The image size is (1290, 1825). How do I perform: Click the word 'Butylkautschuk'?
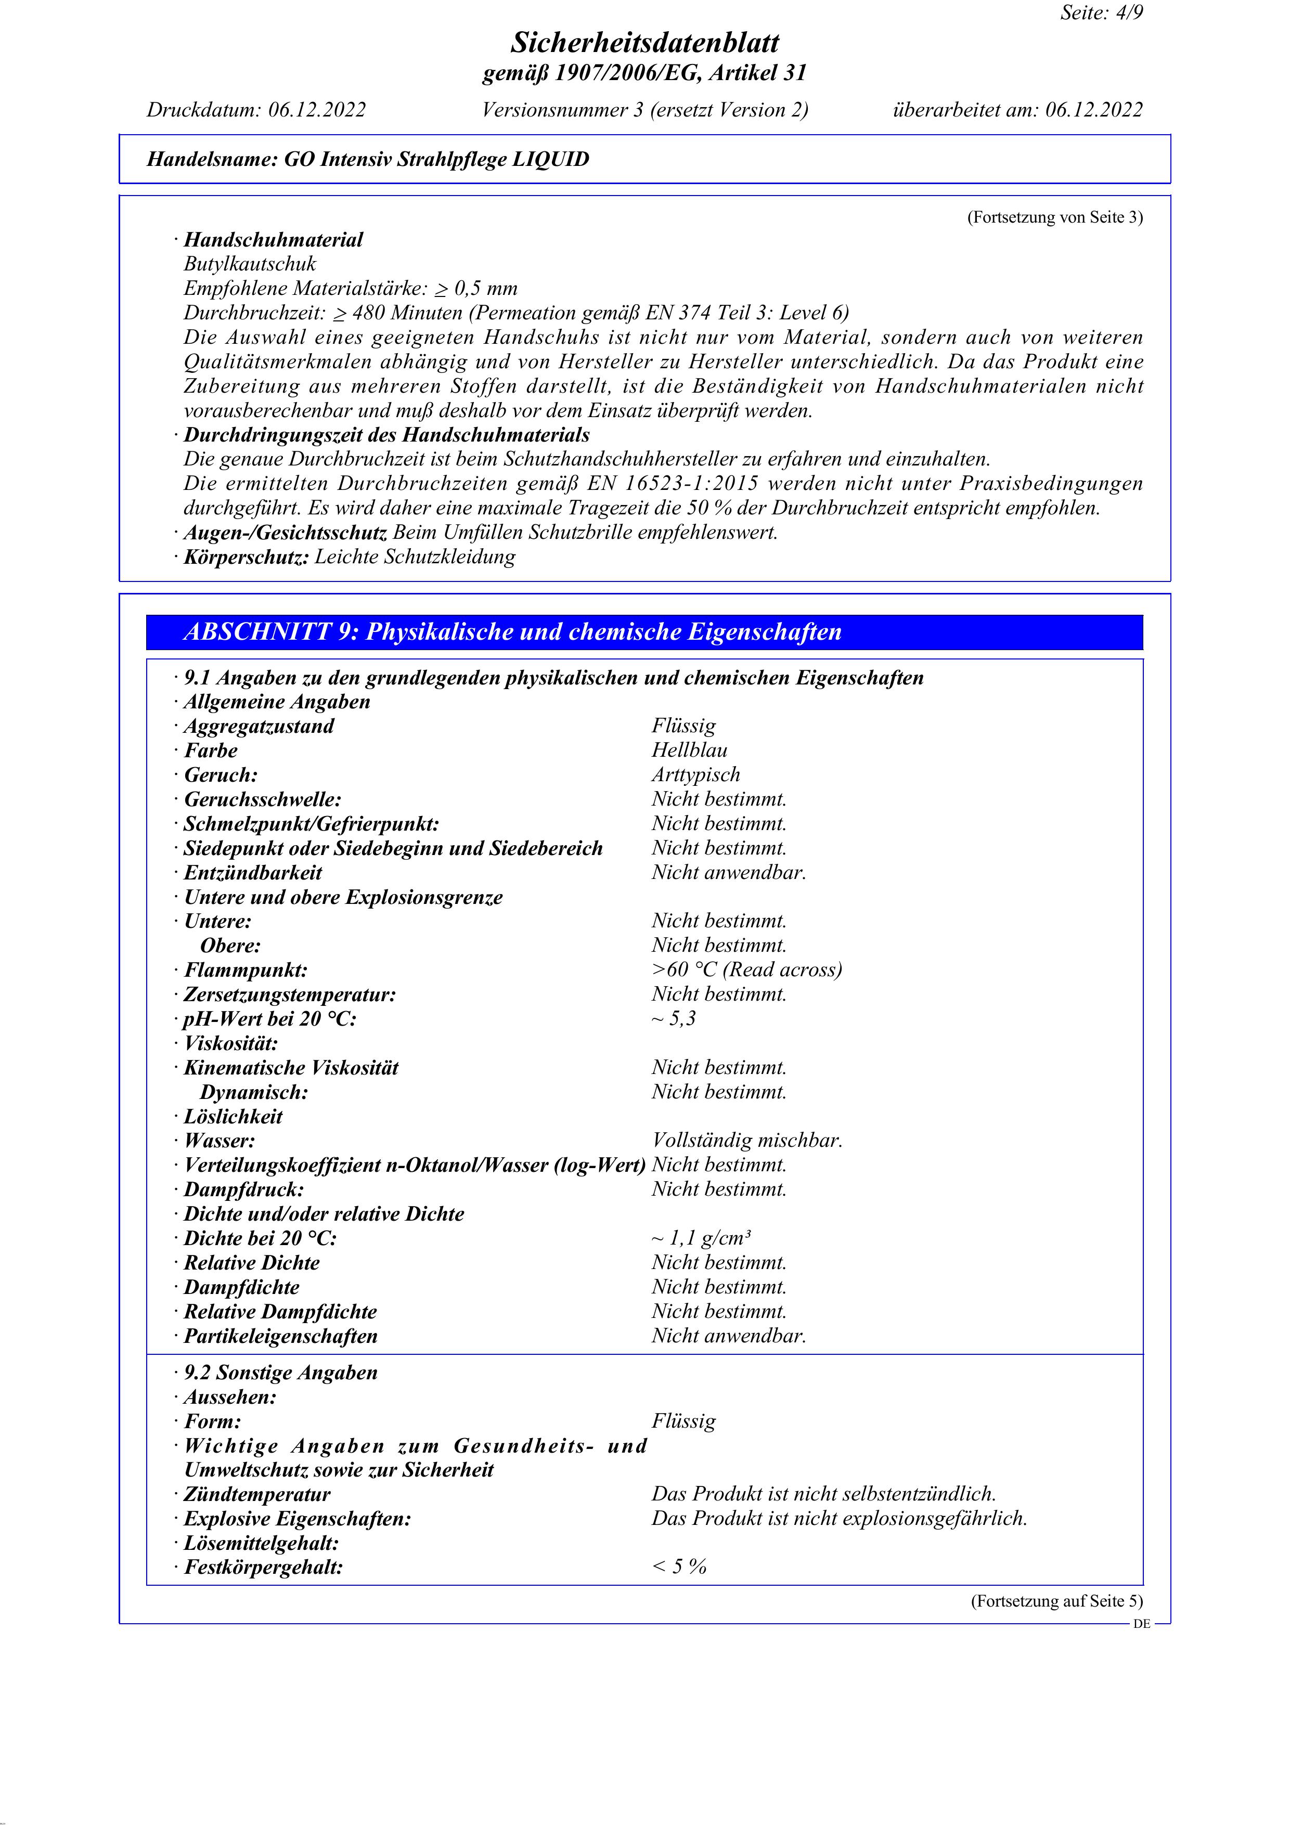pyautogui.click(x=250, y=264)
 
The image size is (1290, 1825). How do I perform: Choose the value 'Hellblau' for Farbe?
pyautogui.click(x=689, y=750)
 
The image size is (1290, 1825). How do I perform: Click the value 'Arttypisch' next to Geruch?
pyautogui.click(x=695, y=775)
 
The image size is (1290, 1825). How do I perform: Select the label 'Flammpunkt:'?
pyautogui.click(x=246, y=970)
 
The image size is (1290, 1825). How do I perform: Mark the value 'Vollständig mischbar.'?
pyautogui.click(x=746, y=1141)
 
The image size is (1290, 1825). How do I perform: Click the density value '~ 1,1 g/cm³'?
pyautogui.click(x=701, y=1238)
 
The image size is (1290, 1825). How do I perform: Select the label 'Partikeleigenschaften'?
pyautogui.click(x=280, y=1336)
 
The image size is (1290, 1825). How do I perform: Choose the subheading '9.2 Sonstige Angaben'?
pyautogui.click(x=280, y=1373)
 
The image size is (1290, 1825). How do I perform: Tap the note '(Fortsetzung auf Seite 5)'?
pyautogui.click(x=1056, y=1601)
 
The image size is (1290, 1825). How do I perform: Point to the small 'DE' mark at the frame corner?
pyautogui.click(x=1141, y=1624)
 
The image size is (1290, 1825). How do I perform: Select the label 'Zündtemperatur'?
pyautogui.click(x=257, y=1494)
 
